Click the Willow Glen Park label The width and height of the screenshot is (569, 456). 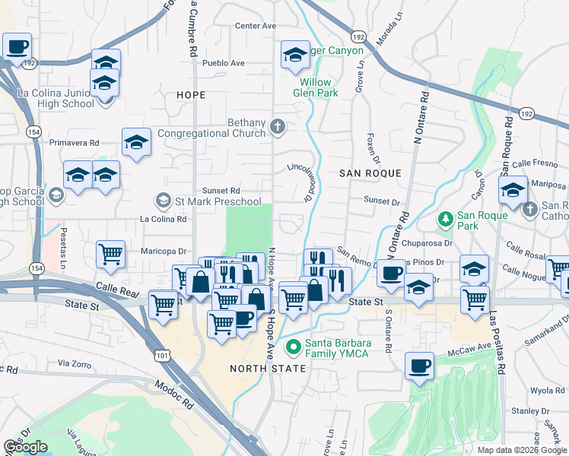click(316, 87)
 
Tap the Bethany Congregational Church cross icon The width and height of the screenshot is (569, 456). click(278, 126)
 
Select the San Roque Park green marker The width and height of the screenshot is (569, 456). click(446, 219)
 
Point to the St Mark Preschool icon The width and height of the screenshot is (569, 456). click(163, 201)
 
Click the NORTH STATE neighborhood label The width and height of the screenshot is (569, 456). click(268, 369)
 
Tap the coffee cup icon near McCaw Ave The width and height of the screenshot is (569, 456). click(419, 366)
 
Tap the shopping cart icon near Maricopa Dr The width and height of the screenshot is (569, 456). click(111, 255)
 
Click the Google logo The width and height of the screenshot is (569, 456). click(25, 447)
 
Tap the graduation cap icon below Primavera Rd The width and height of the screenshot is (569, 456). click(136, 142)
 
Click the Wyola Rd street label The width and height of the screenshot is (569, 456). click(547, 391)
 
